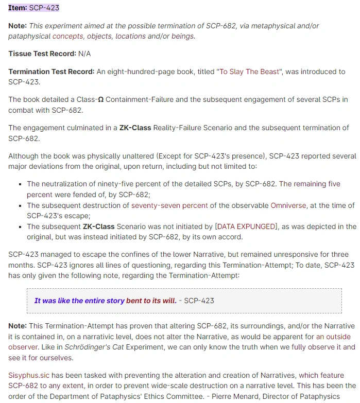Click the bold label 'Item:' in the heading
pyautogui.click(x=18, y=8)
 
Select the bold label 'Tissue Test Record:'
pyautogui.click(x=42, y=54)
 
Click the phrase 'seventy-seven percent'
pyautogui.click(x=169, y=205)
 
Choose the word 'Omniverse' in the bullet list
pyautogui.click(x=288, y=205)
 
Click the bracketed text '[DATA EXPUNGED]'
pyautogui.click(x=247, y=226)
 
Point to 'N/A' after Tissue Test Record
pyautogui.click(x=84, y=54)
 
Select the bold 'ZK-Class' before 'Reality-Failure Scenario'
pyautogui.click(x=135, y=128)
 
